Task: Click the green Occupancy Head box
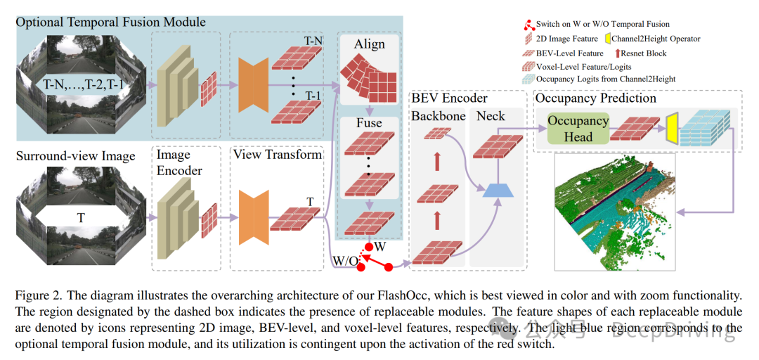coord(578,129)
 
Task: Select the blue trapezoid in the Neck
coord(500,188)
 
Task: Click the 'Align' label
coord(369,44)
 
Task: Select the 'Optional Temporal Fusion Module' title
coord(111,22)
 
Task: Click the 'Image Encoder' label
coord(179,162)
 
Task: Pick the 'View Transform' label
coord(277,154)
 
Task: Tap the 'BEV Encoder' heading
coord(450,98)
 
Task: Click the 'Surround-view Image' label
coord(75,155)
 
